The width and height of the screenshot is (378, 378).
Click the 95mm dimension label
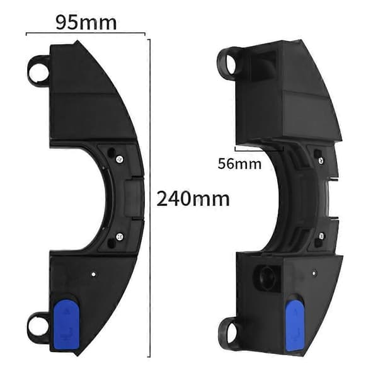coord(86,23)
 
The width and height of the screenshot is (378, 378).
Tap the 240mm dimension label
coord(193,199)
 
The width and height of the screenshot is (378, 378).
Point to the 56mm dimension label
coord(239,164)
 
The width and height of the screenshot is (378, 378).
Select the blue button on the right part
coord(294,326)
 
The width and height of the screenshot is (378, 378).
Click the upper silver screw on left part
coord(120,159)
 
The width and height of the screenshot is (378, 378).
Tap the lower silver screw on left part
coord(120,237)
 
